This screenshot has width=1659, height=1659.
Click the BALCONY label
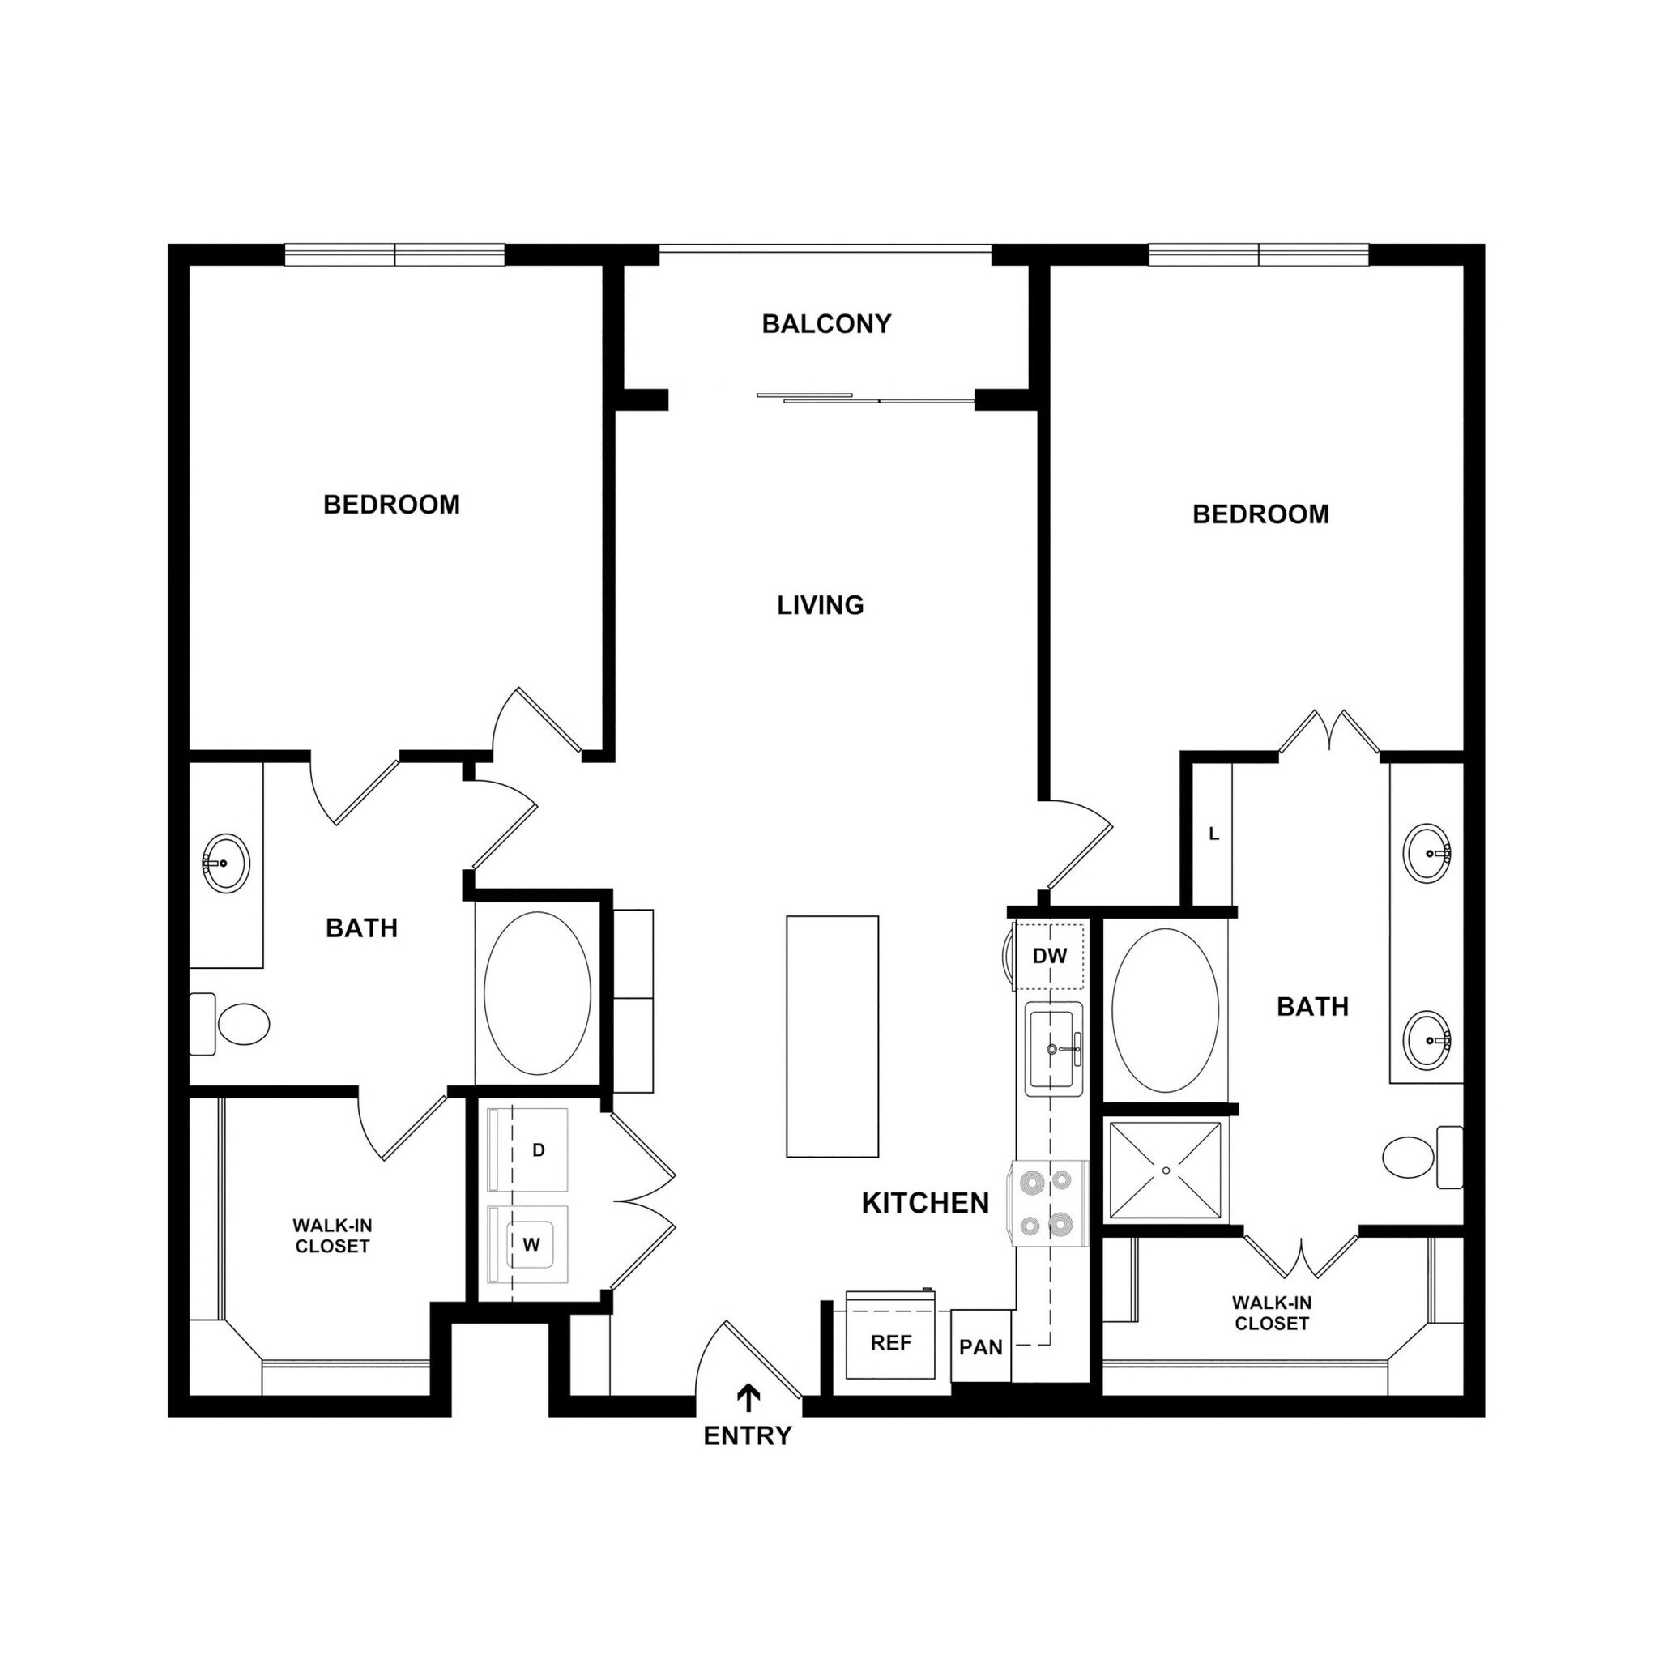tap(826, 324)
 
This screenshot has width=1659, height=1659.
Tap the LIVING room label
tap(820, 605)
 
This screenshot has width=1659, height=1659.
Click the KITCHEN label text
tap(925, 1203)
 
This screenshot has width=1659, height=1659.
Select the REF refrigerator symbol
tap(890, 1343)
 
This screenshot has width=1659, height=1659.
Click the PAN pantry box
tap(981, 1346)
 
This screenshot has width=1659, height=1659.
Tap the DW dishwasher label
tap(1049, 956)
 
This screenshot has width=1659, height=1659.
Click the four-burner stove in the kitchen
tap(1050, 1203)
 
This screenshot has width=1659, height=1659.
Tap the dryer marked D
tap(528, 1149)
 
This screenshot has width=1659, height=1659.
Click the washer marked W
tap(528, 1244)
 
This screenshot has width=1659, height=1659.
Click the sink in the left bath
tap(226, 862)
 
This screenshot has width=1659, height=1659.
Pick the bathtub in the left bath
tap(538, 992)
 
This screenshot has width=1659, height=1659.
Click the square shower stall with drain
tap(1165, 1170)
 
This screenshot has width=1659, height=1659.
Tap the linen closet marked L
tap(1213, 834)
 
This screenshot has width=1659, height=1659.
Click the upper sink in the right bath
tap(1427, 853)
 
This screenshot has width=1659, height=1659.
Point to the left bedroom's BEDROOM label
tap(391, 504)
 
